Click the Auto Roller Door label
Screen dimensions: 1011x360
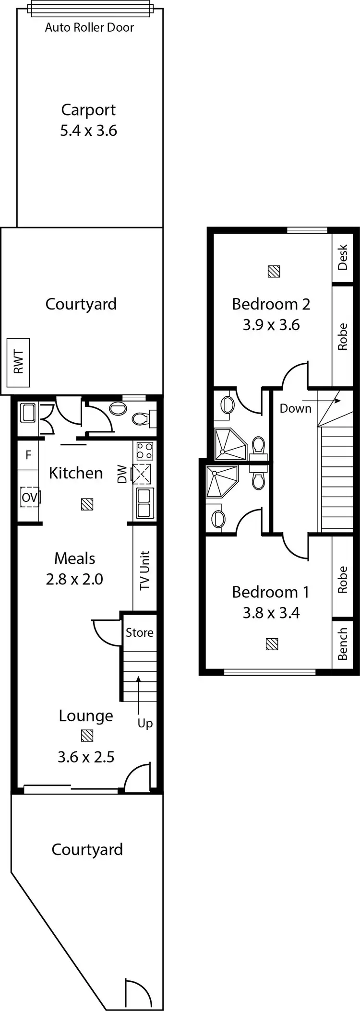point(89,27)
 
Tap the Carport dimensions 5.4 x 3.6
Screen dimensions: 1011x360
point(88,131)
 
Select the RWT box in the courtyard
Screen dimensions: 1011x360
point(18,362)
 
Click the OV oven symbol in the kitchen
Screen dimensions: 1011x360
point(29,498)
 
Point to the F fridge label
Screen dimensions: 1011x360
point(28,455)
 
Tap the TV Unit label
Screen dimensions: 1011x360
point(145,570)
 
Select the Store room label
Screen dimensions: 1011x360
point(140,632)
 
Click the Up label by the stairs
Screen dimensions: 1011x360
point(145,723)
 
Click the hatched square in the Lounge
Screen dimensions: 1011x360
point(87,736)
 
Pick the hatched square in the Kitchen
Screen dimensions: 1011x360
point(87,504)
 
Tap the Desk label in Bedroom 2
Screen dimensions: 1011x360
point(343,257)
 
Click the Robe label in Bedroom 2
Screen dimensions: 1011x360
point(343,336)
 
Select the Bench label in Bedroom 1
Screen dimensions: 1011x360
point(343,644)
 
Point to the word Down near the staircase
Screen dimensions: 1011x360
point(296,408)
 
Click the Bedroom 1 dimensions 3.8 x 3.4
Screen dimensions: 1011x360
point(271,613)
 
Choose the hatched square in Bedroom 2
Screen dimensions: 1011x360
point(274,272)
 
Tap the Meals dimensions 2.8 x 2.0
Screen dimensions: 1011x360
point(74,579)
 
